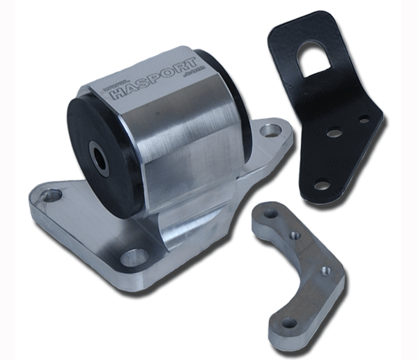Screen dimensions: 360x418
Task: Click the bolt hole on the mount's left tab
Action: pos(50,198)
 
